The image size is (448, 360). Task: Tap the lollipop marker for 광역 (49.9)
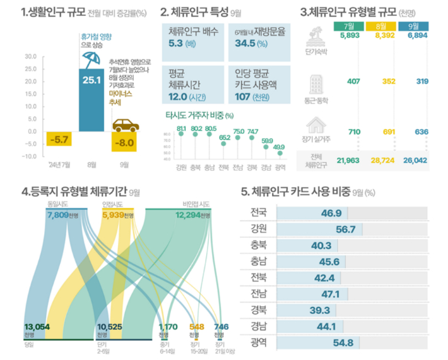coord(280,153)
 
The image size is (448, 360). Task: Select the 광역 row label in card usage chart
coord(258,343)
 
